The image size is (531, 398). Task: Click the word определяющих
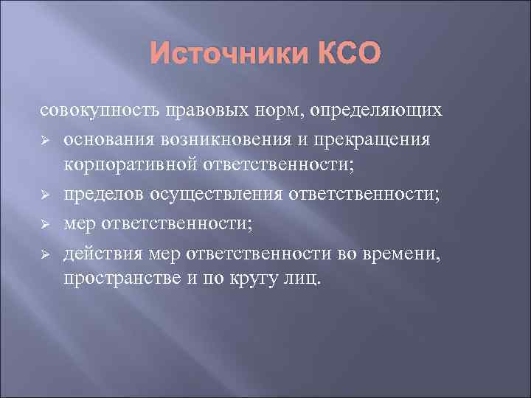pyautogui.click(x=377, y=111)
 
